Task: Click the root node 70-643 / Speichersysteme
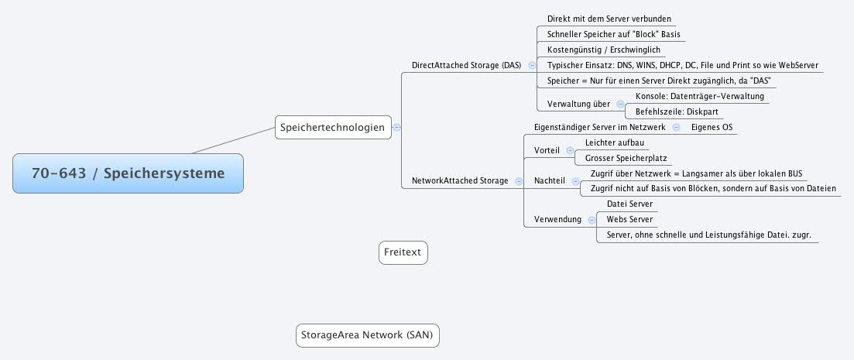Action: (128, 173)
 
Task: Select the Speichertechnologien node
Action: (333, 128)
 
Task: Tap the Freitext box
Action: (403, 252)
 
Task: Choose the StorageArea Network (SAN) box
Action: (368, 335)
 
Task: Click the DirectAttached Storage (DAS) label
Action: (466, 66)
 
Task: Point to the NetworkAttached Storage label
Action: (460, 180)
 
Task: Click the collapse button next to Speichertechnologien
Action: (397, 128)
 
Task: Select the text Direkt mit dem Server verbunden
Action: (609, 18)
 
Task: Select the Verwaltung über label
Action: (578, 104)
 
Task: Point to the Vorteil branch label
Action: (547, 150)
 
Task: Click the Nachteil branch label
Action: (549, 180)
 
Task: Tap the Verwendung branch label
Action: (557, 220)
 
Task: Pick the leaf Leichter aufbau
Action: (614, 142)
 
